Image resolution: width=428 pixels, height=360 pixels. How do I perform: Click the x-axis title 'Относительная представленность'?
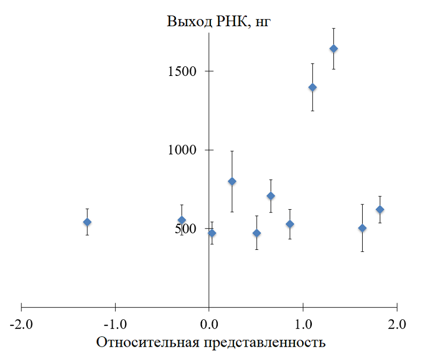click(211, 342)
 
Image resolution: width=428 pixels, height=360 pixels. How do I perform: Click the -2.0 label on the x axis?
click(21, 324)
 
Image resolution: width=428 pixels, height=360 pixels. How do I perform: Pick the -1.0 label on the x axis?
click(116, 324)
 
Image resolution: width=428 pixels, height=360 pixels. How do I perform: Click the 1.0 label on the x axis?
click(303, 324)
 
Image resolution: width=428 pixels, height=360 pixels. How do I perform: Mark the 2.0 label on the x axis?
click(397, 324)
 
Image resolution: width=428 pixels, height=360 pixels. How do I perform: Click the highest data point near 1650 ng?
click(333, 49)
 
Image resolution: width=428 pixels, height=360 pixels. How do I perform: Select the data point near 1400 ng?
click(312, 87)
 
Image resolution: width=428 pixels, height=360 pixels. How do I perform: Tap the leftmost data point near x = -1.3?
click(87, 222)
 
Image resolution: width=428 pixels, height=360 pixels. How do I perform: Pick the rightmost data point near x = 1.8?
click(380, 209)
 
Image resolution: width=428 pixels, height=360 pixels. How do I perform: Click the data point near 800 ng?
click(232, 181)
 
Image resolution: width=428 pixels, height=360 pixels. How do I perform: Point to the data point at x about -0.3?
click(181, 220)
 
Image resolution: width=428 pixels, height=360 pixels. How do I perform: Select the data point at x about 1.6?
click(362, 228)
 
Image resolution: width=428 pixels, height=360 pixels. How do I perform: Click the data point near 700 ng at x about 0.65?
click(271, 196)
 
